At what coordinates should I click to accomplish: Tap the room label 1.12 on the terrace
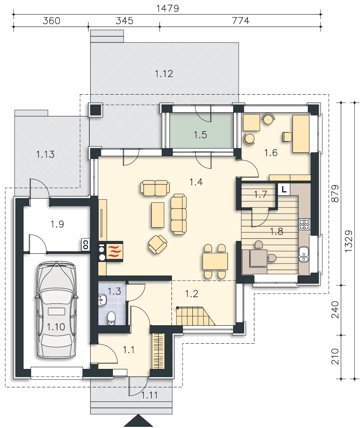pos(164,74)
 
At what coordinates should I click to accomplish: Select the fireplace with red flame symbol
pos(114,251)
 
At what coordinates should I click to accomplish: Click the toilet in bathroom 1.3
pos(111,318)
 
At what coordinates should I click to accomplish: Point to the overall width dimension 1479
pos(168,8)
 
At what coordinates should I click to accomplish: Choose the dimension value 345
pos(124,21)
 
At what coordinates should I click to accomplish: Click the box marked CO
pos(86,245)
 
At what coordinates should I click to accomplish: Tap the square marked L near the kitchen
pos(284,189)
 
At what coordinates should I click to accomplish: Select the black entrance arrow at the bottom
pos(138,421)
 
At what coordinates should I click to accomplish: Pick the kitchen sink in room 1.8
pos(304,254)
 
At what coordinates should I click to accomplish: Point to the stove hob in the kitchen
pos(304,224)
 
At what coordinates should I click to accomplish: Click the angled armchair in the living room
pos(158,244)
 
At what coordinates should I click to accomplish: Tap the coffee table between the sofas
pos(158,215)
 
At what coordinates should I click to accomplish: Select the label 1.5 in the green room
pos(201,135)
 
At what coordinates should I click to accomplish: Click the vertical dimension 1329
pos(348,241)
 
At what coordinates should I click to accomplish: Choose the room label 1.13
pos(45,155)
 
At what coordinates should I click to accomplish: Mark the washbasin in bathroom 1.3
pos(102,300)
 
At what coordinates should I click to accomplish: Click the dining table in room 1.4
pos(215,262)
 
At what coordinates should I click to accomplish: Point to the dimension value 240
pos(335,310)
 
